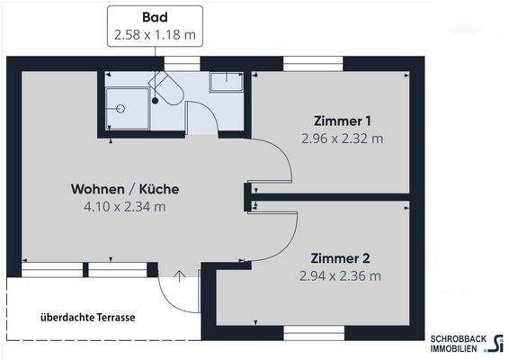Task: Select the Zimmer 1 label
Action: click(x=343, y=121)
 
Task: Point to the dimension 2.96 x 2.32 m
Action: click(x=343, y=139)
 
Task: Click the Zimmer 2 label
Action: click(x=342, y=257)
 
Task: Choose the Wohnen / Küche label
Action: click(x=125, y=189)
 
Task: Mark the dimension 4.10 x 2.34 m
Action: click(x=125, y=207)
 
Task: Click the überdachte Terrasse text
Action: click(x=87, y=318)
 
